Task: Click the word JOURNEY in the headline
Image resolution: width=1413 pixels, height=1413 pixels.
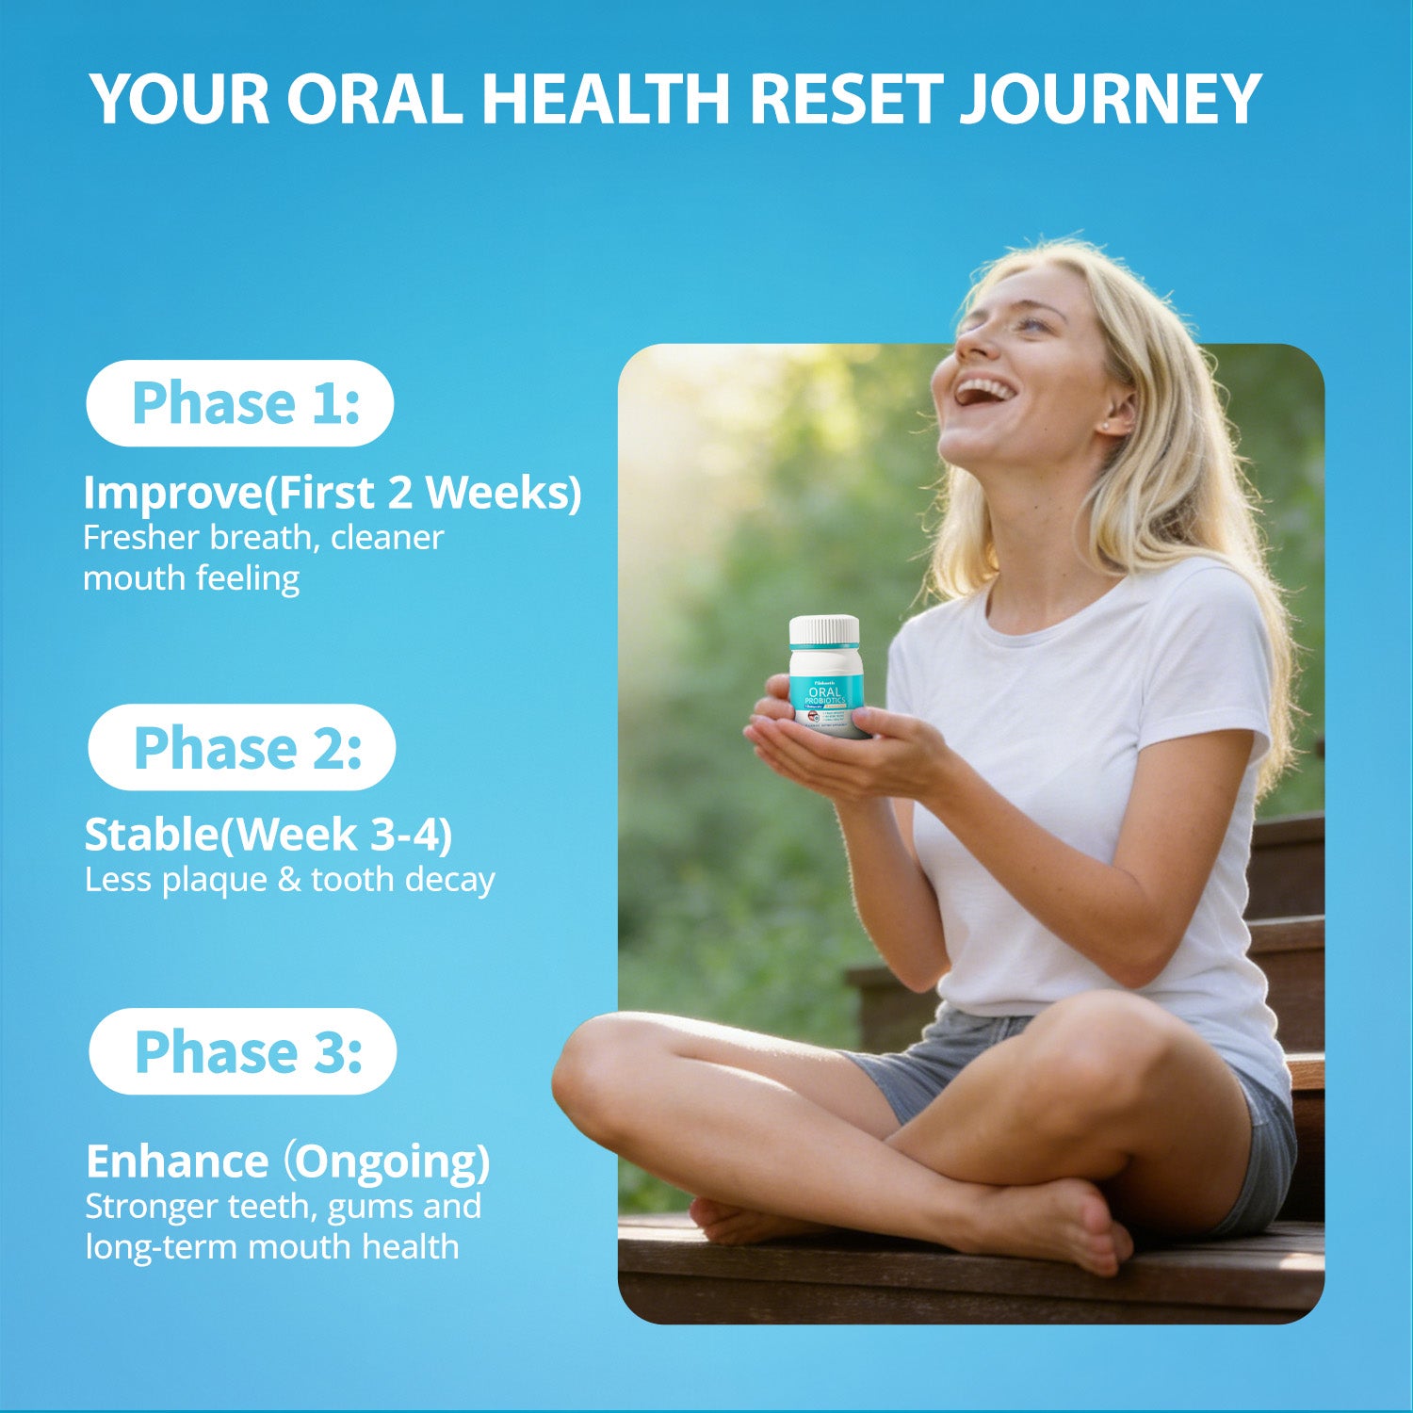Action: (x=1110, y=98)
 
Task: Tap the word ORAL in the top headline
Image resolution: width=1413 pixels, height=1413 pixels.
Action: (x=374, y=98)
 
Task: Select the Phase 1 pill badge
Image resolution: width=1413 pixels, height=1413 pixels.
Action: (x=240, y=403)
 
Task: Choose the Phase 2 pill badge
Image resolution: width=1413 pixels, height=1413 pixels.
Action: (x=242, y=747)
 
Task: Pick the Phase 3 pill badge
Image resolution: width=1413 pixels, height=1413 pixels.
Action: (x=243, y=1051)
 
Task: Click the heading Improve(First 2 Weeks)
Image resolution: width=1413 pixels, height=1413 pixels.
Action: (x=332, y=492)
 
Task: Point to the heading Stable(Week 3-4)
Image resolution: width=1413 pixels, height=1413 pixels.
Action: (x=268, y=835)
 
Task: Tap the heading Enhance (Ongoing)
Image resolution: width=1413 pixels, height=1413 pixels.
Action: (x=287, y=1161)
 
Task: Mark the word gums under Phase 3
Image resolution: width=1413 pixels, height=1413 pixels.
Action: (x=368, y=1206)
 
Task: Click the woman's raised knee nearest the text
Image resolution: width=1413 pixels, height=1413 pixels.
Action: (x=603, y=1064)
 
